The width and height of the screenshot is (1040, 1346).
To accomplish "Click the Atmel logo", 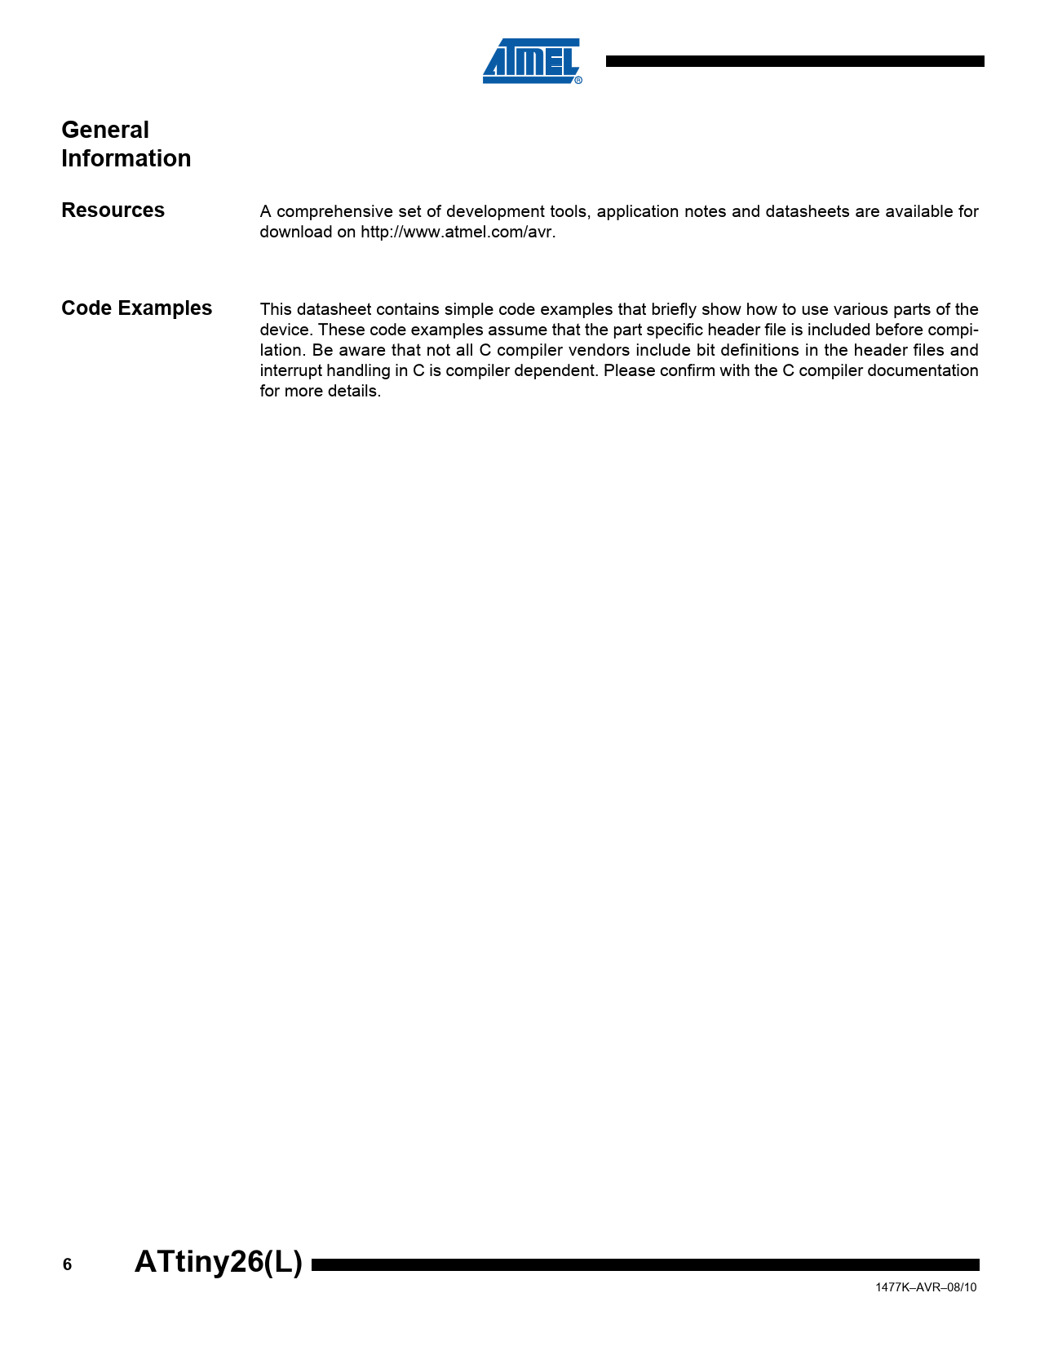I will point(530,61).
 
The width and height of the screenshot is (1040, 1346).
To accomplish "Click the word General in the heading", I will point(105,131).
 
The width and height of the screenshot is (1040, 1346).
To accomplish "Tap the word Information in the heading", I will point(126,158).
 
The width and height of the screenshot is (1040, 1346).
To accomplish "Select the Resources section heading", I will point(113,210).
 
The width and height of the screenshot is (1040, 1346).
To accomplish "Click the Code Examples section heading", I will point(136,308).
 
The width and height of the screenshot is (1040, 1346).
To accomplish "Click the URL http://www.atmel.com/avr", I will point(458,232).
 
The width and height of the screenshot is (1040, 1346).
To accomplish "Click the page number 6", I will point(67,1264).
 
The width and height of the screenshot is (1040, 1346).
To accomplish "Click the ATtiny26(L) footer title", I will point(218,1262).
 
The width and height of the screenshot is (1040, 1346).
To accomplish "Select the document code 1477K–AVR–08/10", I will point(926,1287).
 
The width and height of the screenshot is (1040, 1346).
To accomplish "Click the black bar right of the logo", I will point(794,61).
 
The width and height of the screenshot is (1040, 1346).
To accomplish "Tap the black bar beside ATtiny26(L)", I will point(644,1264).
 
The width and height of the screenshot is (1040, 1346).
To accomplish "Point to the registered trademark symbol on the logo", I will point(578,80).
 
